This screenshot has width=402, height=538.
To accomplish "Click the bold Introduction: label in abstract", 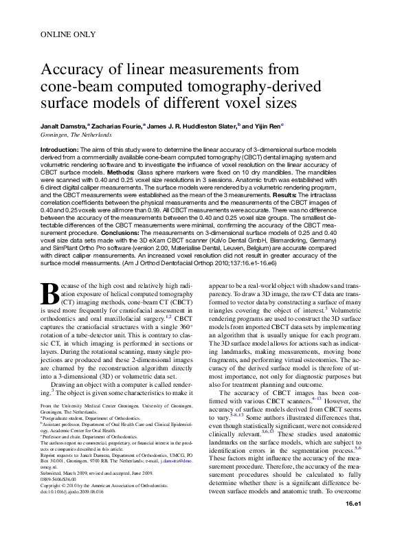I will [x=60, y=148].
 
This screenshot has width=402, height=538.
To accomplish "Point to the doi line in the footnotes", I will [x=75, y=492].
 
